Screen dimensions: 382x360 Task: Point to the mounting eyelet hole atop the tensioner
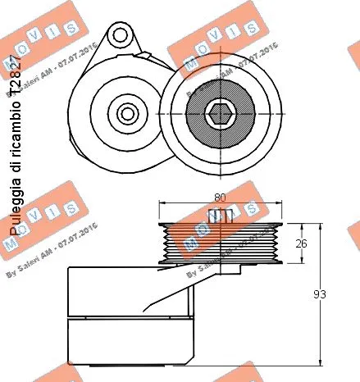[121, 35]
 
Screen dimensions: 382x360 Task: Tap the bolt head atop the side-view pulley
[216, 216]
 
